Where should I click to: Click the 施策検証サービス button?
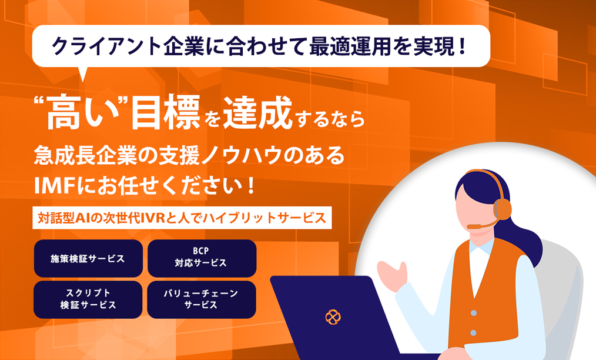pyautogui.click(x=88, y=258)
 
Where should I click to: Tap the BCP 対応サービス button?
pyautogui.click(x=202, y=258)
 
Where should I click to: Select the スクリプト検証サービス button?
pyautogui.click(x=88, y=299)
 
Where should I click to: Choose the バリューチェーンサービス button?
pyautogui.click(x=202, y=299)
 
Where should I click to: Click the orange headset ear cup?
pyautogui.click(x=502, y=208)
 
